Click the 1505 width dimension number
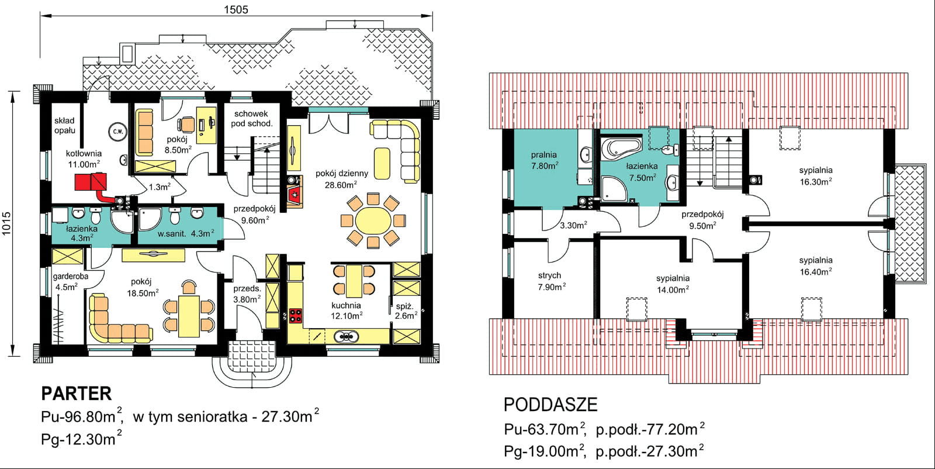236,9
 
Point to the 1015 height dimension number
6,223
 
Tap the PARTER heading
77,394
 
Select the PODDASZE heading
550,404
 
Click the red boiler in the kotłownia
91,182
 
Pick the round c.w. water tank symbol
117,132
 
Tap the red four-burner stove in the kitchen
296,316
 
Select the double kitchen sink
345,336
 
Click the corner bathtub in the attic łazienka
621,147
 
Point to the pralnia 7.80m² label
544,160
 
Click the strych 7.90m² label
552,281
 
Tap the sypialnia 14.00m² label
673,284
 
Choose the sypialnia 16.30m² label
816,176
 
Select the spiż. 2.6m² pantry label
406,311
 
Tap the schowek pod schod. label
251,119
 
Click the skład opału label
65,125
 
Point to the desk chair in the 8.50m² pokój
185,124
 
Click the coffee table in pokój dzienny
382,163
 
